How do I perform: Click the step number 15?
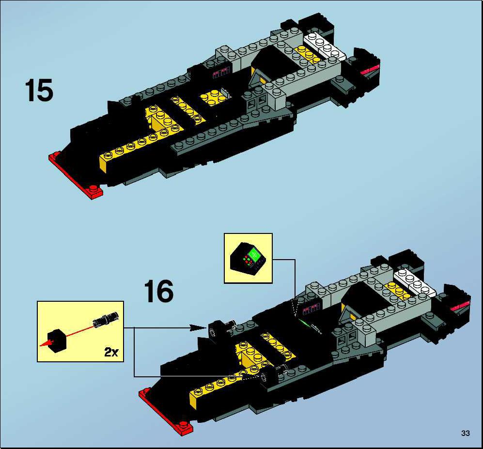pos(39,90)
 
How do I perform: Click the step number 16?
pos(158,291)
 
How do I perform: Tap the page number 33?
pos(466,434)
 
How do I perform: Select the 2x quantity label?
pos(111,352)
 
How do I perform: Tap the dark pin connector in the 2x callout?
pos(106,319)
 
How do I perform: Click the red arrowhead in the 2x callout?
pos(46,343)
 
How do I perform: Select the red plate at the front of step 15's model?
pos(76,175)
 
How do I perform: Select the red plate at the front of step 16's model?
pos(165,412)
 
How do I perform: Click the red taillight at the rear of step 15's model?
pos(370,70)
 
